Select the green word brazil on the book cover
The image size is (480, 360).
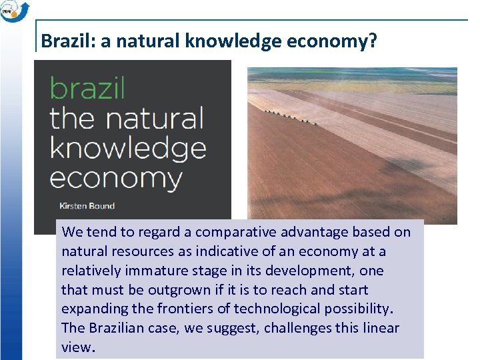(x=87, y=89)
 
